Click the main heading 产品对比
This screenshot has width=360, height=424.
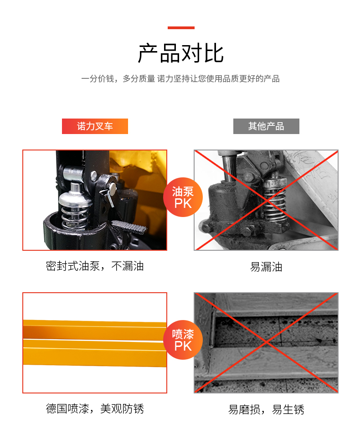coord(181,53)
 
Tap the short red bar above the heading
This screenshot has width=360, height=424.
coord(181,27)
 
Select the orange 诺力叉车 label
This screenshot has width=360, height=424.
coord(95,126)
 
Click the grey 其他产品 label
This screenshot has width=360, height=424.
coord(266,126)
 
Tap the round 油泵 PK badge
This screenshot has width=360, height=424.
coord(183,197)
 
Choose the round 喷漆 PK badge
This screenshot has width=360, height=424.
coord(183,340)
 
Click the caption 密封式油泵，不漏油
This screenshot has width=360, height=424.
coord(95,266)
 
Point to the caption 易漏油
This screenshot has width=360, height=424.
coord(266,267)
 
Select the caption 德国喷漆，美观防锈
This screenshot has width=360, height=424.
coord(95,408)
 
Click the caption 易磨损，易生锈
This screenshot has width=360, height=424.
coord(266,409)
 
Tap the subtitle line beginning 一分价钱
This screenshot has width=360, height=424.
coord(180,79)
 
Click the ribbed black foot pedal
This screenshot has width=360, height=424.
coord(129,227)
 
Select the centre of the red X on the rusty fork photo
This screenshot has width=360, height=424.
coord(266,342)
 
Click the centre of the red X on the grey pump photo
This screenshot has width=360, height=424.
coord(266,200)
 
